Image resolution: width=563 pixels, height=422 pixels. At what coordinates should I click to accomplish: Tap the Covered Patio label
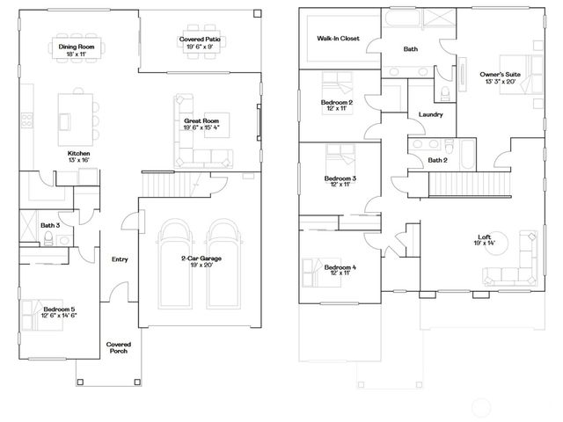(200, 40)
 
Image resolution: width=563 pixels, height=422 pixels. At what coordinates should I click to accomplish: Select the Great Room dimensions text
(200, 127)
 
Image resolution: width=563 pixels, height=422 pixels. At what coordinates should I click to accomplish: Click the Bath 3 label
(49, 226)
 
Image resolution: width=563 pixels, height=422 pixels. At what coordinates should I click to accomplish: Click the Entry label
(120, 258)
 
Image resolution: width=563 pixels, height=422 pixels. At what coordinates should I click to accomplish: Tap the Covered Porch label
(119, 346)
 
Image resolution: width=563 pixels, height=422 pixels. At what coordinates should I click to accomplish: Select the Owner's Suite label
(500, 75)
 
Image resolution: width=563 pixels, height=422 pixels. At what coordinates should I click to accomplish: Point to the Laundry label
(430, 114)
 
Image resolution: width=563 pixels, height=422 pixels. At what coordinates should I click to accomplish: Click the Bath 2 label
(438, 160)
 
